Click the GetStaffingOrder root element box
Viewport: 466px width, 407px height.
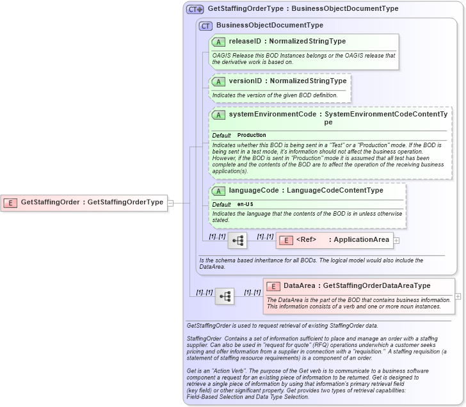[x=84, y=203]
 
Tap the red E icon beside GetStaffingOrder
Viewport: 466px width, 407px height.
[x=10, y=203]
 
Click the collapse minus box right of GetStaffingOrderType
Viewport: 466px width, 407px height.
[x=170, y=203]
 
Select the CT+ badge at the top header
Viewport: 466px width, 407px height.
[x=195, y=10]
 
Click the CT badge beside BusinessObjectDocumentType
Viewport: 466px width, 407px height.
[x=205, y=26]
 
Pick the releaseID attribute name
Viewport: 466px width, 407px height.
[x=244, y=42]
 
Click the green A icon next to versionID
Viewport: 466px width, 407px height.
[x=218, y=82]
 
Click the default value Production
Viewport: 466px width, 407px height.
[x=252, y=136]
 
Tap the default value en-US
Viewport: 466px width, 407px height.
[x=245, y=204]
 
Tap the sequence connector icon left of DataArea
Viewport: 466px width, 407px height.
[x=224, y=296]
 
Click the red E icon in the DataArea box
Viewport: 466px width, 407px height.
[x=273, y=287]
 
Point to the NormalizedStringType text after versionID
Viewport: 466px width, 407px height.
[x=308, y=81]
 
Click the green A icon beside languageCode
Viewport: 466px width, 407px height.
[x=218, y=191]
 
